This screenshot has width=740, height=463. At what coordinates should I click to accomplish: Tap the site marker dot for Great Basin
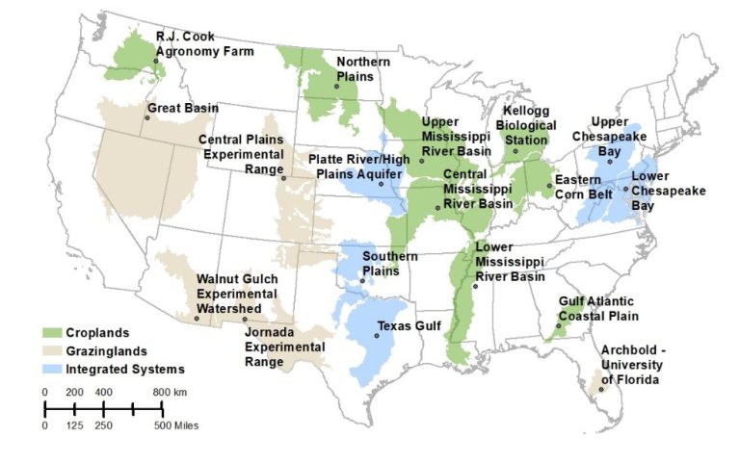point(147,117)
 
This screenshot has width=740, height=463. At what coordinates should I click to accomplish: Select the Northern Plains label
point(364,69)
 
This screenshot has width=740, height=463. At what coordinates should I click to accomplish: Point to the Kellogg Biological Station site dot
point(515,152)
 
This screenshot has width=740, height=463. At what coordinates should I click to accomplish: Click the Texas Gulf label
point(409,326)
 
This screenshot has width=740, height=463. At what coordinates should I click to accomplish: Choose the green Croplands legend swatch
point(54,332)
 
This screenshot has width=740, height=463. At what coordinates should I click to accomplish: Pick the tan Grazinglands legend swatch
point(54,350)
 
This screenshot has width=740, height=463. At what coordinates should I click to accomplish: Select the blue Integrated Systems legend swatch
point(54,369)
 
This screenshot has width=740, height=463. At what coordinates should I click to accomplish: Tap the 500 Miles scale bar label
point(179,425)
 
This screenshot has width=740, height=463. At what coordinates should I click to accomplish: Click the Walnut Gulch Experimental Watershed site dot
point(245,320)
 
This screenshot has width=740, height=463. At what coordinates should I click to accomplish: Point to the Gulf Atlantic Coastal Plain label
point(598,308)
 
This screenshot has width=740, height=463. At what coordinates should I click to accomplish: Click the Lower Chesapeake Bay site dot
point(625,190)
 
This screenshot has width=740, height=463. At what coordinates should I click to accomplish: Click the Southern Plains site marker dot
point(363,281)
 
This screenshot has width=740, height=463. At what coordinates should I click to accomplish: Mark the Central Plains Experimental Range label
point(242,153)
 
